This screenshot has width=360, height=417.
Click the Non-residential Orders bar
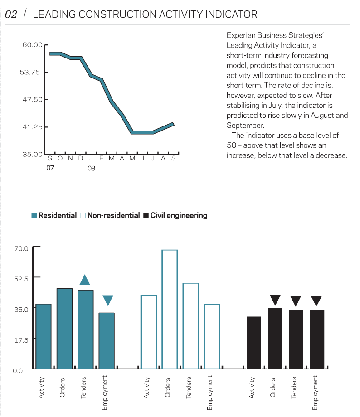click(x=170, y=309)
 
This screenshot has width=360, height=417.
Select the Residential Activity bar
click(x=44, y=336)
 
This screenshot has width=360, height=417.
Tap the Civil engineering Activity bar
click(x=254, y=342)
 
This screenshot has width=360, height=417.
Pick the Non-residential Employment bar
click(x=212, y=336)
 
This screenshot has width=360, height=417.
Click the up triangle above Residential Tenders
click(x=85, y=280)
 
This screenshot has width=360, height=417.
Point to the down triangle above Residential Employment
click(x=107, y=300)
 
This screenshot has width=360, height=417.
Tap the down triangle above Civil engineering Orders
click(x=275, y=300)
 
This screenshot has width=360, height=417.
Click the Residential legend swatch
click(x=34, y=216)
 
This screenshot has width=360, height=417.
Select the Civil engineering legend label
click(x=179, y=216)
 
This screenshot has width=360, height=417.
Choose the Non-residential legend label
click(x=113, y=216)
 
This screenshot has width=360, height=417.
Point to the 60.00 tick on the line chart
click(x=32, y=45)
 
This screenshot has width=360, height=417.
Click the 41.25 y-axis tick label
click(x=32, y=127)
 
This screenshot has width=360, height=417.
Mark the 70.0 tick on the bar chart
click(x=21, y=248)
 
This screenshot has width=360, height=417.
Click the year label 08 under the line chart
click(x=91, y=168)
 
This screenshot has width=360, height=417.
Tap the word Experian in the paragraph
click(x=242, y=35)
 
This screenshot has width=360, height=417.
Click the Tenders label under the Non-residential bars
click(x=189, y=388)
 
